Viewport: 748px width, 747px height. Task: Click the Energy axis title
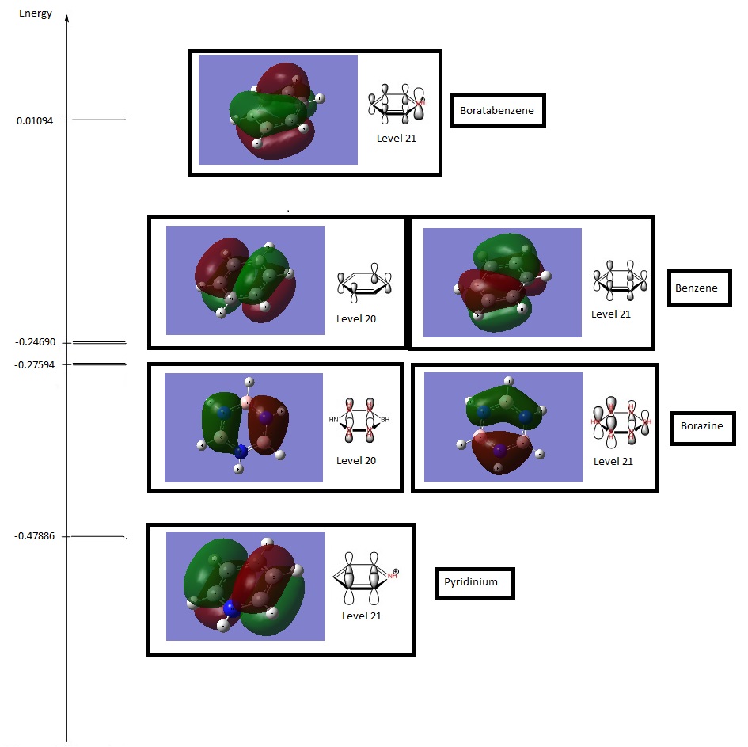(36, 13)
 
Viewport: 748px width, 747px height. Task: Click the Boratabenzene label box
(498, 112)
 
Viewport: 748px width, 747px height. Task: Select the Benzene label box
(699, 288)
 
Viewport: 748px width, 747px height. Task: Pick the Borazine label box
(702, 427)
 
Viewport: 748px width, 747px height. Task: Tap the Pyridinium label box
(474, 582)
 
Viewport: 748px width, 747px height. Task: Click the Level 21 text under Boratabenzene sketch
(396, 138)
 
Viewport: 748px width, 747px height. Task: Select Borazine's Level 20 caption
(355, 460)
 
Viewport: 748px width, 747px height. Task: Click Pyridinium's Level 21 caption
(361, 616)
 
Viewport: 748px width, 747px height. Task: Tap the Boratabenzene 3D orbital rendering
(277, 110)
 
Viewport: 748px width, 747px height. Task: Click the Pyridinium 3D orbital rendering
(245, 585)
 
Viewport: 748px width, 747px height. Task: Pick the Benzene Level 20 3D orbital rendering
(245, 280)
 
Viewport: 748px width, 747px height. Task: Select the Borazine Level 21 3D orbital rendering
(503, 426)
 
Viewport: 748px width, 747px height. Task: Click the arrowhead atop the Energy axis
(66, 17)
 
